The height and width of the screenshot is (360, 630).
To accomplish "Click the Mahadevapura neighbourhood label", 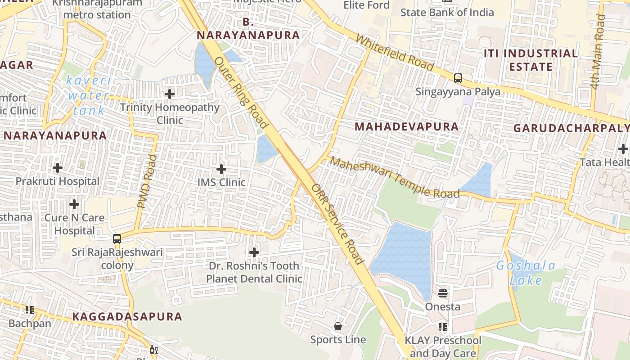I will (x=406, y=127).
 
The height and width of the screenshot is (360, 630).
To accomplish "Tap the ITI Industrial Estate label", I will (x=531, y=60).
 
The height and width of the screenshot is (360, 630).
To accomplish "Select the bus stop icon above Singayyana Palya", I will (x=458, y=78).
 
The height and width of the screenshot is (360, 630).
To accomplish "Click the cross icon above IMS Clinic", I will (x=221, y=170).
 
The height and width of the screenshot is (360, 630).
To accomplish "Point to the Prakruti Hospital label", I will (x=58, y=181).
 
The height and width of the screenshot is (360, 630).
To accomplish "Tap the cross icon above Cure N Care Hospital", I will (x=74, y=205).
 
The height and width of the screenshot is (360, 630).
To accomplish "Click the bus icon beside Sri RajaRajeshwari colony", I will (x=117, y=239).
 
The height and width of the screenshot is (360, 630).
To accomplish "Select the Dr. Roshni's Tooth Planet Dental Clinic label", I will (x=254, y=272).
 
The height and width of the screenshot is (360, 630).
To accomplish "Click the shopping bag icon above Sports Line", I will (x=338, y=326).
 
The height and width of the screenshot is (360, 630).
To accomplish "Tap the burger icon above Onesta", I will (x=443, y=294).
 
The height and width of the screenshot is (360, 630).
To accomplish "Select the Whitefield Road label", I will (x=394, y=53).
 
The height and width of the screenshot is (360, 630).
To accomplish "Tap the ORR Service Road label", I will (x=337, y=224).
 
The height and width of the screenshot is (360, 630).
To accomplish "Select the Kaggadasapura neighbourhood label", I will (x=127, y=317).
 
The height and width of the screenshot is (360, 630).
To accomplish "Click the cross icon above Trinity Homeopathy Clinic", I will (x=170, y=94).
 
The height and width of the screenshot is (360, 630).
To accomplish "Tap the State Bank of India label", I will (x=447, y=12).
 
